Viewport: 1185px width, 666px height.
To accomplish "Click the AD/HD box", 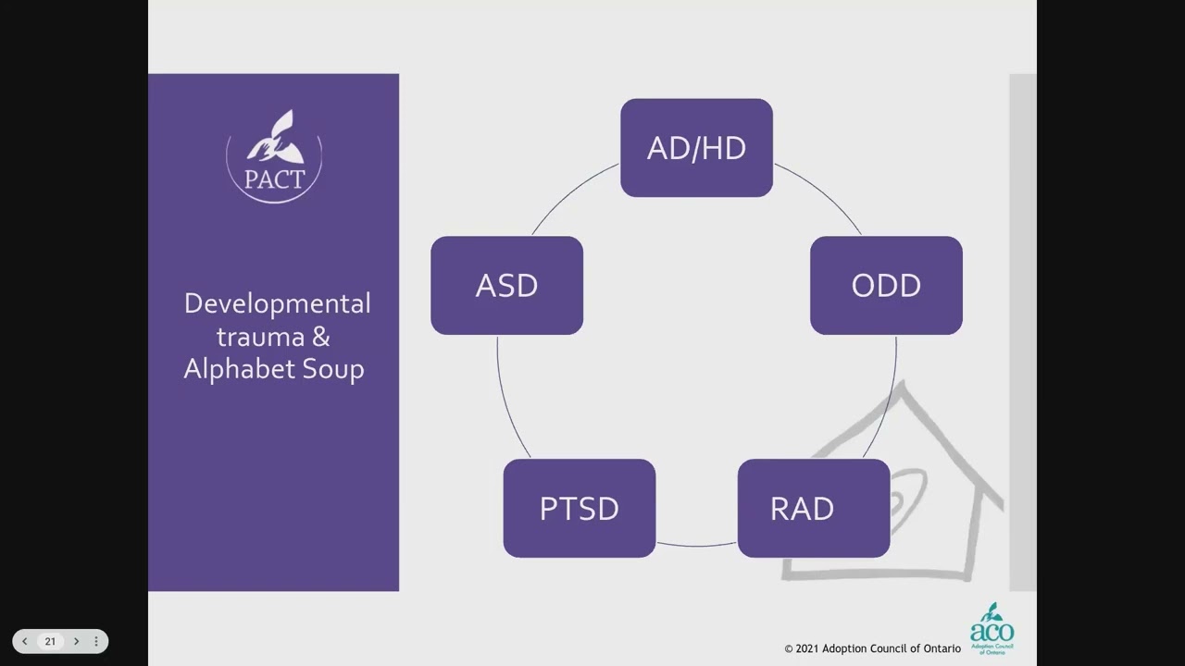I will tap(696, 148).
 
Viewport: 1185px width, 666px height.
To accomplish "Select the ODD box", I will tap(886, 285).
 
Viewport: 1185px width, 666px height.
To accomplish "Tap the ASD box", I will tap(506, 285).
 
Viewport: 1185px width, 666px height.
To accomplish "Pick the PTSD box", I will tap(579, 508).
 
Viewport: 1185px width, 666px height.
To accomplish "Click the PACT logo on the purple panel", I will tap(274, 155).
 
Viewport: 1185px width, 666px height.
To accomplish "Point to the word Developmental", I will tap(277, 303).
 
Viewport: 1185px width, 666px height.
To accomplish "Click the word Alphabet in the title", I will tap(235, 368).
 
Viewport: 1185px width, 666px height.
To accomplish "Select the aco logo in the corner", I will tap(992, 629).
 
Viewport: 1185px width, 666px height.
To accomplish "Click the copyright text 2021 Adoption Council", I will tap(872, 648).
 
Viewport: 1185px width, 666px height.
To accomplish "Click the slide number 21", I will tap(50, 641).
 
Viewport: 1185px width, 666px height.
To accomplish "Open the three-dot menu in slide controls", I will tap(95, 641).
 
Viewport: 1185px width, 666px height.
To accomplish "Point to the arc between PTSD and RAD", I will tap(696, 546).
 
